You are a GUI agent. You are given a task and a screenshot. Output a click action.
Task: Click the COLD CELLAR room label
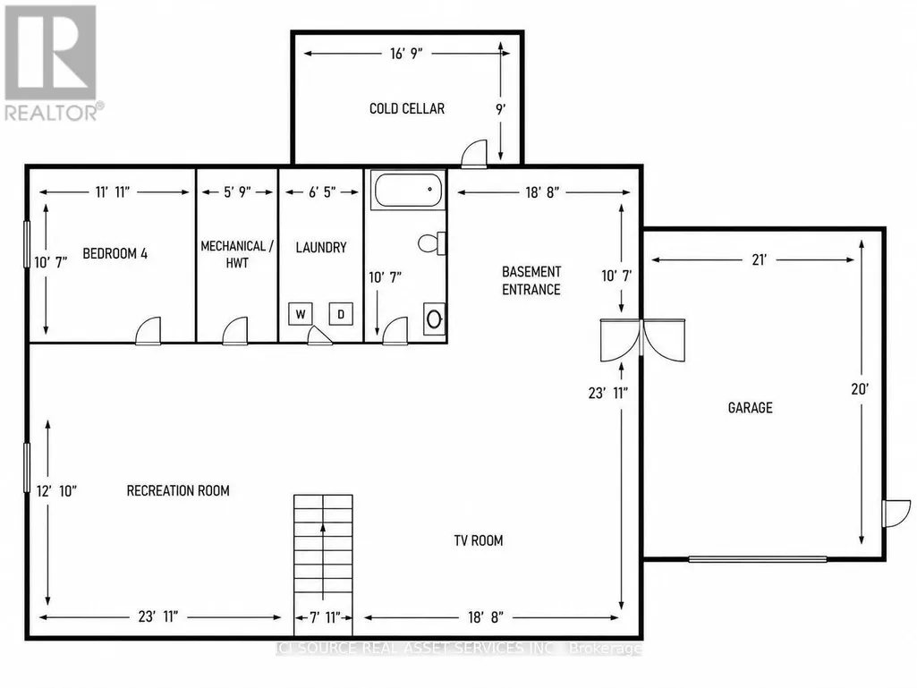407,108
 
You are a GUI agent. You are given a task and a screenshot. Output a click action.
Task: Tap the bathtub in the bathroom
408,190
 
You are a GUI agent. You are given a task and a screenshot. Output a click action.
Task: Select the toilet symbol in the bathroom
431,243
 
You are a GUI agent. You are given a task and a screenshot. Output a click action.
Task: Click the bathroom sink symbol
434,319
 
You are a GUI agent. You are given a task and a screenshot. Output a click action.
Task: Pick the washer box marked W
301,314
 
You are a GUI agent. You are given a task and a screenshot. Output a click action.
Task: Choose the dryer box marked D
341,314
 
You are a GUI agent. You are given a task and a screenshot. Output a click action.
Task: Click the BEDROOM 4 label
115,253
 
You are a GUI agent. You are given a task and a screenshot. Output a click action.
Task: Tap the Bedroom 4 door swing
148,331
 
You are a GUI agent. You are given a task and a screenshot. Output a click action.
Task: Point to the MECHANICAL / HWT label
237,254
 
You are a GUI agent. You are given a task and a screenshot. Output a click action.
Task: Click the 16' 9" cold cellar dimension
406,54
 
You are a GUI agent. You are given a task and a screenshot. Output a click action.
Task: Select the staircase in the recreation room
323,565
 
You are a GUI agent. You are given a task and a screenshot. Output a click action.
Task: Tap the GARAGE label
751,408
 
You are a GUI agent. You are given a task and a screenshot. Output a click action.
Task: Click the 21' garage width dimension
760,259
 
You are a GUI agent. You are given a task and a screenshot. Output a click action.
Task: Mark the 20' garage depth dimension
860,389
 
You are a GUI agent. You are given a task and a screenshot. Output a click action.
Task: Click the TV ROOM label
479,540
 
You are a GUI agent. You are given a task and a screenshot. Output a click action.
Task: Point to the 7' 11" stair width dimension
323,617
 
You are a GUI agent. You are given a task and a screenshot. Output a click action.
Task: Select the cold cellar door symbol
473,154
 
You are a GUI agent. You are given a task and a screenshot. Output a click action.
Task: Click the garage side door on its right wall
896,514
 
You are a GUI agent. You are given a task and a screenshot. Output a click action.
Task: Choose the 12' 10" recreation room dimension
56,491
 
